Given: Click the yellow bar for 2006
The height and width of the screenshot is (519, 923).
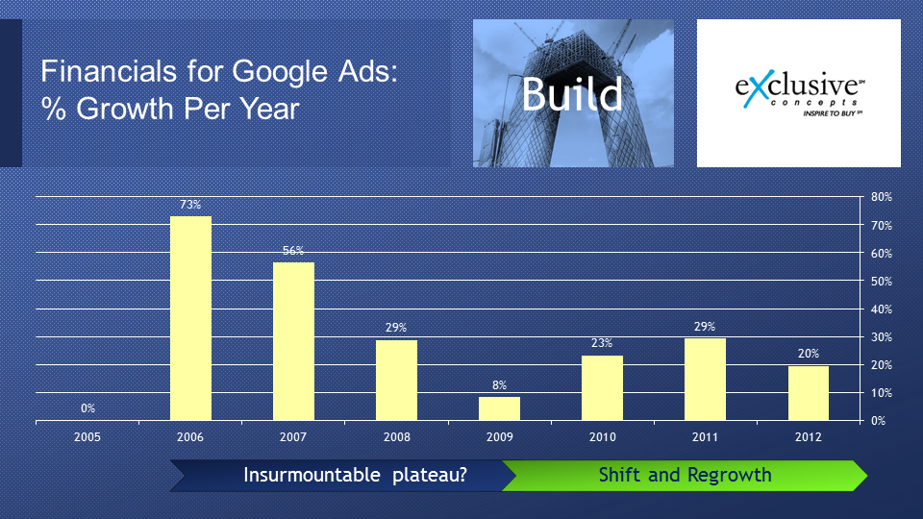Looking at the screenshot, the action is coord(190,318).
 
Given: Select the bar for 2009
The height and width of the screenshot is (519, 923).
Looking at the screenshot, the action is coord(499,409).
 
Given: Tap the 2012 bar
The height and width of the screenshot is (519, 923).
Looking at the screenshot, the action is coord(809,393).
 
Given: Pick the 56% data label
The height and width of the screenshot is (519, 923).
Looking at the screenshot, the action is coord(293,251).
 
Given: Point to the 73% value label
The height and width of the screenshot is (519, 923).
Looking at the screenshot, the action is coord(190,205).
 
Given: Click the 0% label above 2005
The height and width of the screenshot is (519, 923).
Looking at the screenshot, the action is coord(87,408).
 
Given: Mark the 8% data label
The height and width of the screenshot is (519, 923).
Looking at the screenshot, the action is coord(499,385).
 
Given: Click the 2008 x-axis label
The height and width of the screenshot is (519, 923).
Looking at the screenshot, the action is coord(397,437).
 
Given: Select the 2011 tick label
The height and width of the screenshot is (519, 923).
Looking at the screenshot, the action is coord(705,437).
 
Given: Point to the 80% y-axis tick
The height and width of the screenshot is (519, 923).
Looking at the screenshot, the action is coord(882,197).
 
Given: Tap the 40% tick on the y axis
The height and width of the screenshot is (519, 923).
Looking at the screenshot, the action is coord(882,309).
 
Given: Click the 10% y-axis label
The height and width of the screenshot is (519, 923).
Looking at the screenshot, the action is coord(882,392).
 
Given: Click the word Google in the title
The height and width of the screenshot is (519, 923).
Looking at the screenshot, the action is coord(279,72).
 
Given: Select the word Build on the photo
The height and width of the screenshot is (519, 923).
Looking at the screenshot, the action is coord(572,94).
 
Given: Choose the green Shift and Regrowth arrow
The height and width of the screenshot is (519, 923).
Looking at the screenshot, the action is coord(685,476).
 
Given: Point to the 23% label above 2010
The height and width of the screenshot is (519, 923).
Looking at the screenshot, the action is coord(602,343).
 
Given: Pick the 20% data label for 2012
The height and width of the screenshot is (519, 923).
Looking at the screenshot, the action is coord(809,354).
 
